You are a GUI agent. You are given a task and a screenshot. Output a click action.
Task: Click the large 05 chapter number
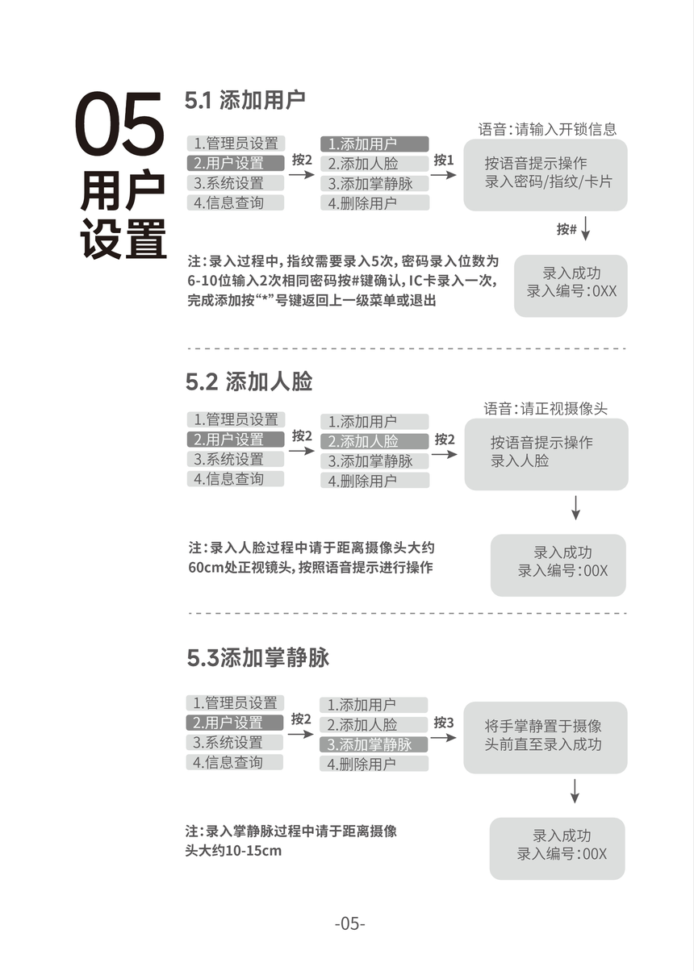pos(119,123)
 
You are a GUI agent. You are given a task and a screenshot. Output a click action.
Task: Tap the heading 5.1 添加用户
pos(245,100)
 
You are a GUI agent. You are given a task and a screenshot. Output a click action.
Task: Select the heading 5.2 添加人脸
pos(249,382)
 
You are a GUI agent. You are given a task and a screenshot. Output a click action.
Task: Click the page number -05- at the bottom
pos(349,923)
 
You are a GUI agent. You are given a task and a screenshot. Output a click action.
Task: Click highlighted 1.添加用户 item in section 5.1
pos(374,144)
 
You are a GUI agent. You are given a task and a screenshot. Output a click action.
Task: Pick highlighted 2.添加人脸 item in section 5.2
pos(374,441)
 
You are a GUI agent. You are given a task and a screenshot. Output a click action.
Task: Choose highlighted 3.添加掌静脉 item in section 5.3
pos(374,744)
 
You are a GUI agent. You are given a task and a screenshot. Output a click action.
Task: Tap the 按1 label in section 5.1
pos(444,160)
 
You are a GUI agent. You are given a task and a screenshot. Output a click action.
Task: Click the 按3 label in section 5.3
pos(444,723)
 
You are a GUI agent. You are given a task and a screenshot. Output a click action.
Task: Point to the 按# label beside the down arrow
pos(566,229)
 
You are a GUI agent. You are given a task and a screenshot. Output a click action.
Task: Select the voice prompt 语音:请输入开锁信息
pos(547,129)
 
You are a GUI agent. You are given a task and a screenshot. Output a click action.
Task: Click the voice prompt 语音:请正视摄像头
pos(546,408)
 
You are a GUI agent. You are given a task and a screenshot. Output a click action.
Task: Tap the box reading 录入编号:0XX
pos(571,285)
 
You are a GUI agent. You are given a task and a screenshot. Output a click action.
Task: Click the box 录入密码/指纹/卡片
pos(546,175)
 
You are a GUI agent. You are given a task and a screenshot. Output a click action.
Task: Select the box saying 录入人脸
pos(546,454)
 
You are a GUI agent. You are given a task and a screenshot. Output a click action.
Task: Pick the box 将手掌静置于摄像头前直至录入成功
pos(546,738)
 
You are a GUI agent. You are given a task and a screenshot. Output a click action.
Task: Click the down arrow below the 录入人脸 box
pos(575,507)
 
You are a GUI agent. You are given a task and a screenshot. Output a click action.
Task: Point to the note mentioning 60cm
pos(311,557)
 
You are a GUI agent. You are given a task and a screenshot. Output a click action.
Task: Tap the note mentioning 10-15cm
pos(291,841)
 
